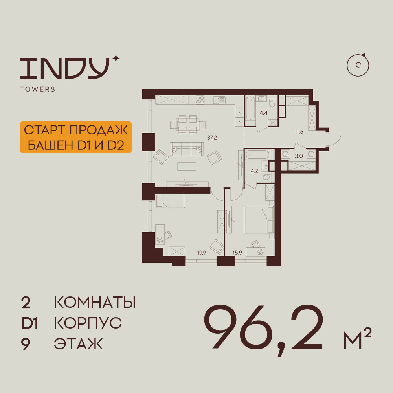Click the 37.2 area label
(212, 138)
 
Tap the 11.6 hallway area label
(299, 132)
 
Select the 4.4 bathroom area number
(263, 113)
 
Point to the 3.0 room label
(299, 156)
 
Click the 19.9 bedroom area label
(202, 253)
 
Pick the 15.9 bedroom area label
(237, 253)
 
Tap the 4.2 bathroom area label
(254, 171)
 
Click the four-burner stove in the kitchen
(200, 100)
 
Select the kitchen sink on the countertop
(219, 100)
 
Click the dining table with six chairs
(188, 125)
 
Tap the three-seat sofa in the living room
(186, 149)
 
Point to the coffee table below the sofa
(187, 166)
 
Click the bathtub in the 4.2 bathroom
(257, 154)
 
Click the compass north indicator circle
(358, 65)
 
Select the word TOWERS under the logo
(38, 89)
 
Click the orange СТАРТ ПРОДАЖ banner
(76, 137)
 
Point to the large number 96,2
(263, 329)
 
